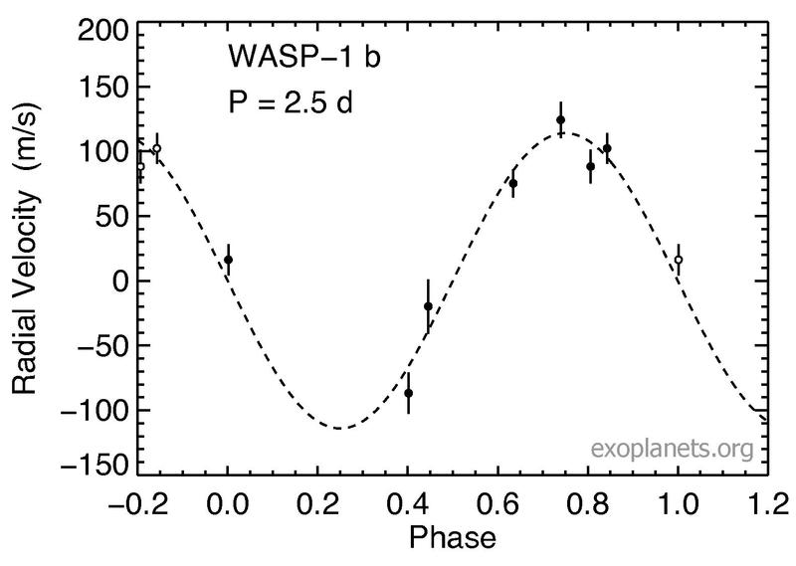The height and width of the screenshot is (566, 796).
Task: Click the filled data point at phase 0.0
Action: [x=228, y=260]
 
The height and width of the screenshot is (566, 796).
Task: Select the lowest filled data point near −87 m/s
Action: [x=408, y=393]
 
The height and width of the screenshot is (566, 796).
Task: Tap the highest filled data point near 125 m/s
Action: [x=560, y=119]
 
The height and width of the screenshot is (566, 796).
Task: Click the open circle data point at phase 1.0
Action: [x=679, y=260]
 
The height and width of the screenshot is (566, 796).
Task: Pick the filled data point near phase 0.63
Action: [x=513, y=183]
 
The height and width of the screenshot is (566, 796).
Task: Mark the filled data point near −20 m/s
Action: [x=428, y=306]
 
